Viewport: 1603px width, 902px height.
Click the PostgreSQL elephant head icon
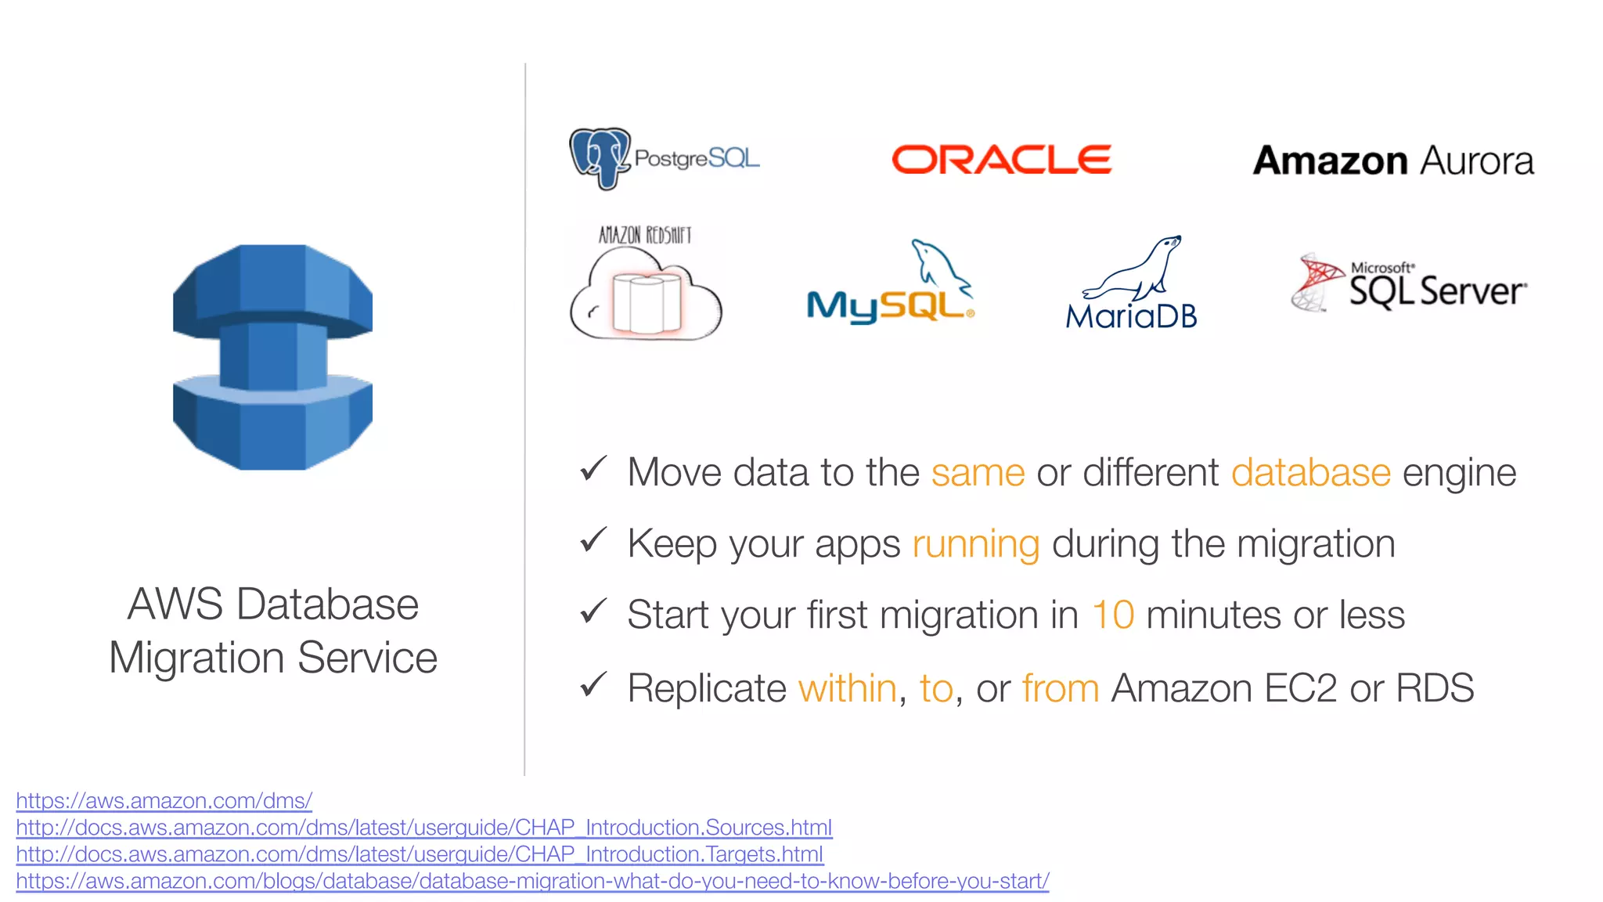tap(600, 157)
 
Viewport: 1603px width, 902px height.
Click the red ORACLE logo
tap(1001, 160)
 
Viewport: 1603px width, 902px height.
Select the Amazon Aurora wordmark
tap(1392, 161)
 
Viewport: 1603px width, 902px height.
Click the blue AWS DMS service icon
tap(272, 357)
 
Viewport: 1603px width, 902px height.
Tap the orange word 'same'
tap(978, 473)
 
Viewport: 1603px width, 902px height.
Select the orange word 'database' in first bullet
tap(1310, 473)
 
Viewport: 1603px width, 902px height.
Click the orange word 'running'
tap(975, 544)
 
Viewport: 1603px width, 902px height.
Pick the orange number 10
tap(1112, 615)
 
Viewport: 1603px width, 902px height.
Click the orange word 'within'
tap(847, 689)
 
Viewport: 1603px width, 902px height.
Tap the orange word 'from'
tap(1061, 689)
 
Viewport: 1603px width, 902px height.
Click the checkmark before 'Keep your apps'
tap(593, 539)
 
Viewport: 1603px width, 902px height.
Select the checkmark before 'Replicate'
tap(593, 684)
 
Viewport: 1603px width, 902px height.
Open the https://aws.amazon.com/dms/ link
tap(164, 801)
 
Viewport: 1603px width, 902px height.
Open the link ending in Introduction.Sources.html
tap(423, 828)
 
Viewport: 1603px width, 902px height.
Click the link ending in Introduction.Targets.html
tap(419, 854)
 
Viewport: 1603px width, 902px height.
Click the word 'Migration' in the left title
tap(196, 658)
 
